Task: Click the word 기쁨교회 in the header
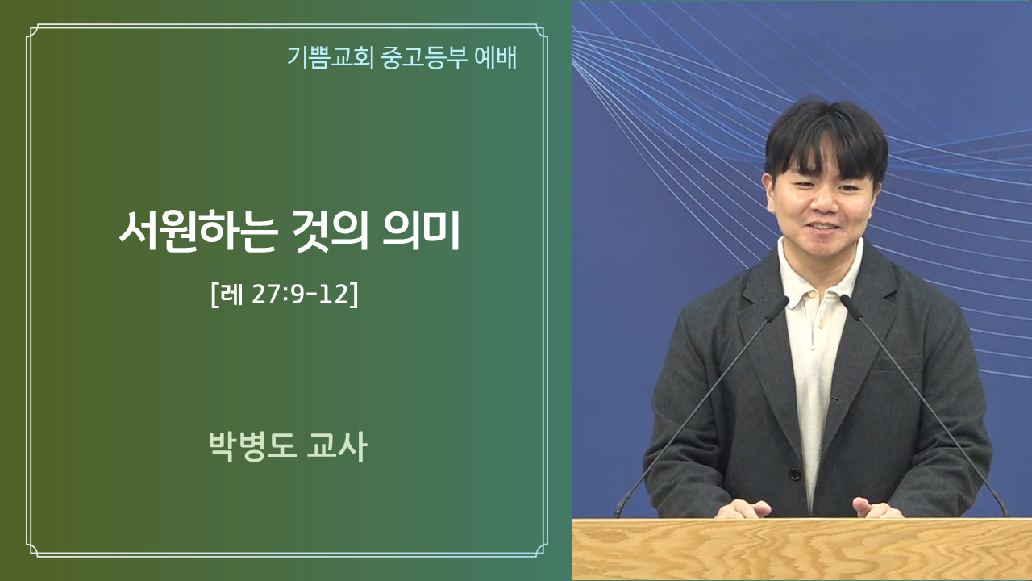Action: [330, 57]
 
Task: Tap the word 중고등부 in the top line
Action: [424, 57]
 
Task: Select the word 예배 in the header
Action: [495, 57]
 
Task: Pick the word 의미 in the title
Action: [422, 230]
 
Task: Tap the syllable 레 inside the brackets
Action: [231, 295]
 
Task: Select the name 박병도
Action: [252, 446]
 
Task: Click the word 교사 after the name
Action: [336, 446]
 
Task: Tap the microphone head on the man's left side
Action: [851, 307]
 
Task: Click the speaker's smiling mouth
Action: [822, 228]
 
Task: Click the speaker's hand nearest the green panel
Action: [743, 509]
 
